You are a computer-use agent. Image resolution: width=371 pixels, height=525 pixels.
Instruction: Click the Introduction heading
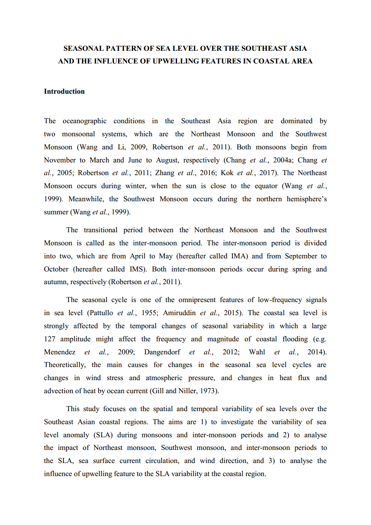(x=64, y=91)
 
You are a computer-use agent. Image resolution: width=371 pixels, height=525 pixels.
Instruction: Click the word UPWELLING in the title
(x=177, y=61)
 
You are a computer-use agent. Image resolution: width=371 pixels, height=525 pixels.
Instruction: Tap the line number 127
(x=50, y=339)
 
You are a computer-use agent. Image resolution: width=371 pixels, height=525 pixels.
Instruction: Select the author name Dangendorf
(x=162, y=352)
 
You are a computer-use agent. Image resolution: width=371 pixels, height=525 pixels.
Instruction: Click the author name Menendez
(x=60, y=352)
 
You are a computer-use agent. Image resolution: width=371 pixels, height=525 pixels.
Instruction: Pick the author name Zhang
(x=165, y=173)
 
